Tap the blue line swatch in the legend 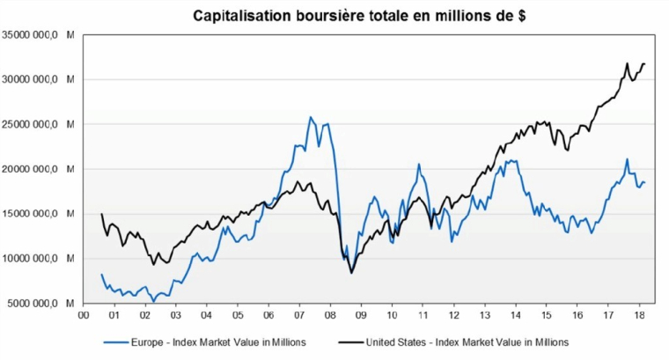(116, 342)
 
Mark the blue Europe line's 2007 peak (311, 117)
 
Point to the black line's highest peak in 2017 (626, 64)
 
